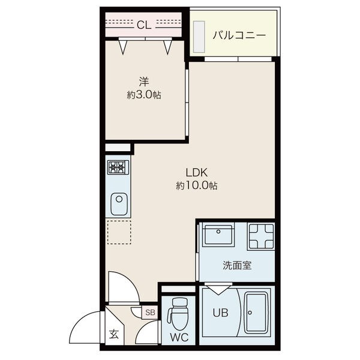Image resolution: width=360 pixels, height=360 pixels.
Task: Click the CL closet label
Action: [144, 25]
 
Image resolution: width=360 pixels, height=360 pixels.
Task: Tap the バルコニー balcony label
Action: [239, 35]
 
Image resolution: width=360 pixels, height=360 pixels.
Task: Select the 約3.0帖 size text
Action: [144, 95]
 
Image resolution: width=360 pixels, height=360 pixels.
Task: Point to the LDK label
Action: [197, 173]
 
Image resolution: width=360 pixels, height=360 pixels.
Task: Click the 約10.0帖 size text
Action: [197, 185]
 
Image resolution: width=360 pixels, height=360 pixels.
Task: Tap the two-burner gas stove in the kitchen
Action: [118, 167]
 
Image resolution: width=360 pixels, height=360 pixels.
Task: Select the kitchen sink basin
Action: [119, 203]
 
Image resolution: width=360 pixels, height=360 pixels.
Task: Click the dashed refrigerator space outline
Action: [119, 232]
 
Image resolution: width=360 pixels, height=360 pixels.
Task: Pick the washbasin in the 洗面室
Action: [218, 235]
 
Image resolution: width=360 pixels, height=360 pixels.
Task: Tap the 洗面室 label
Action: [237, 265]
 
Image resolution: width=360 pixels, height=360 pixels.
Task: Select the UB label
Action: [220, 313]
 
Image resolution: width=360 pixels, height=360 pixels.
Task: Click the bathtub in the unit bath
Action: [256, 313]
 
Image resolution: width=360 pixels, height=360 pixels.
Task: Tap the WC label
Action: [179, 337]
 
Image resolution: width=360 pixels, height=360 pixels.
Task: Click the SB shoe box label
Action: [151, 312]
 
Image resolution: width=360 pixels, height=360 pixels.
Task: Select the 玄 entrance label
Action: [114, 334]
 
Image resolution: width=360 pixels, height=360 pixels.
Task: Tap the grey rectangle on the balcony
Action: [199, 37]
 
